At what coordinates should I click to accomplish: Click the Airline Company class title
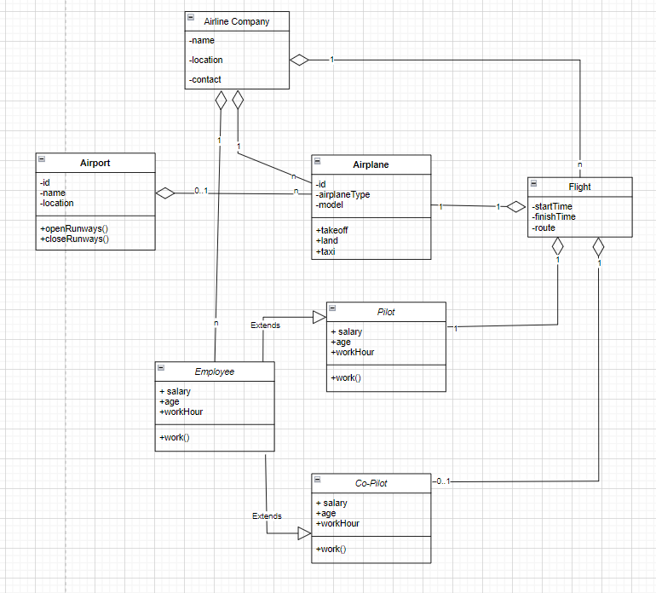[237, 21]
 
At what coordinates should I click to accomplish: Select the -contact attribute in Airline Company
[205, 79]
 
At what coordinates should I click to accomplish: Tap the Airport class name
[95, 163]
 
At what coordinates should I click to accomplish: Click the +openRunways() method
[74, 229]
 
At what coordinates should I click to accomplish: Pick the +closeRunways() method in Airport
[74, 239]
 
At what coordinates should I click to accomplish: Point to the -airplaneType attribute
[342, 194]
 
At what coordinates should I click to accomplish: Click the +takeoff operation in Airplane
[332, 230]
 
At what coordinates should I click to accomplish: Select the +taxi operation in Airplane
[325, 251]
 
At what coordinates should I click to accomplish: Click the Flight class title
[579, 187]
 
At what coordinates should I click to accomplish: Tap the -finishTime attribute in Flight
[554, 217]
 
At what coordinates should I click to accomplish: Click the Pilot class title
[386, 312]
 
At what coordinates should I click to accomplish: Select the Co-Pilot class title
[371, 483]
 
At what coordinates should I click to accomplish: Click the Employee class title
[215, 371]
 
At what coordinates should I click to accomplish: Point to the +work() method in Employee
[174, 437]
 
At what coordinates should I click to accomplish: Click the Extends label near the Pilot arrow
[264, 325]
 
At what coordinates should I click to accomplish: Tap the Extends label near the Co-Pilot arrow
[267, 516]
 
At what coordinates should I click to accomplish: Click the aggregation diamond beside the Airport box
[164, 193]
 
